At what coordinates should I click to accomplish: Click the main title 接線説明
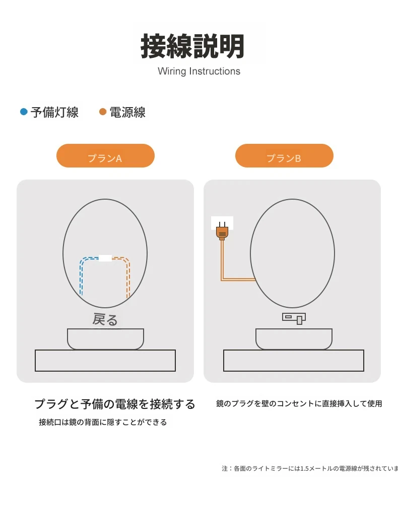192,46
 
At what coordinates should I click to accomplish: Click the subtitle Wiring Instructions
199,71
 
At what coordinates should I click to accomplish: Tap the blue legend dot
24,112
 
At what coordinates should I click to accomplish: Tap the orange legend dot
103,112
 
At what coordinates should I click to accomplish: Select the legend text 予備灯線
54,112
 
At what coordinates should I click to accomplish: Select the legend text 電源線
127,112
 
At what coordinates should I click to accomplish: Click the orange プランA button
105,155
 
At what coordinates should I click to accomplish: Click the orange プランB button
284,155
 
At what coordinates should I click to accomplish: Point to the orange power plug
222,231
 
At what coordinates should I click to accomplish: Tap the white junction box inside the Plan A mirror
105,258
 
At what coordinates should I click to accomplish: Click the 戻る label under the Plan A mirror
105,319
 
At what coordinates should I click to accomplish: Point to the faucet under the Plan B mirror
294,318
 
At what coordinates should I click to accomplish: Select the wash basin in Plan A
105,339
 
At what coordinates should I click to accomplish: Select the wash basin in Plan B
294,339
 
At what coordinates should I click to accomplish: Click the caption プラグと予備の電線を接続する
115,404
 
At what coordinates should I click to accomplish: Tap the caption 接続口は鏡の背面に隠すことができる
103,422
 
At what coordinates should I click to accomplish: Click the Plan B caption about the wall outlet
299,403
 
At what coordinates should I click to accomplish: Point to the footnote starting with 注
310,468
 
